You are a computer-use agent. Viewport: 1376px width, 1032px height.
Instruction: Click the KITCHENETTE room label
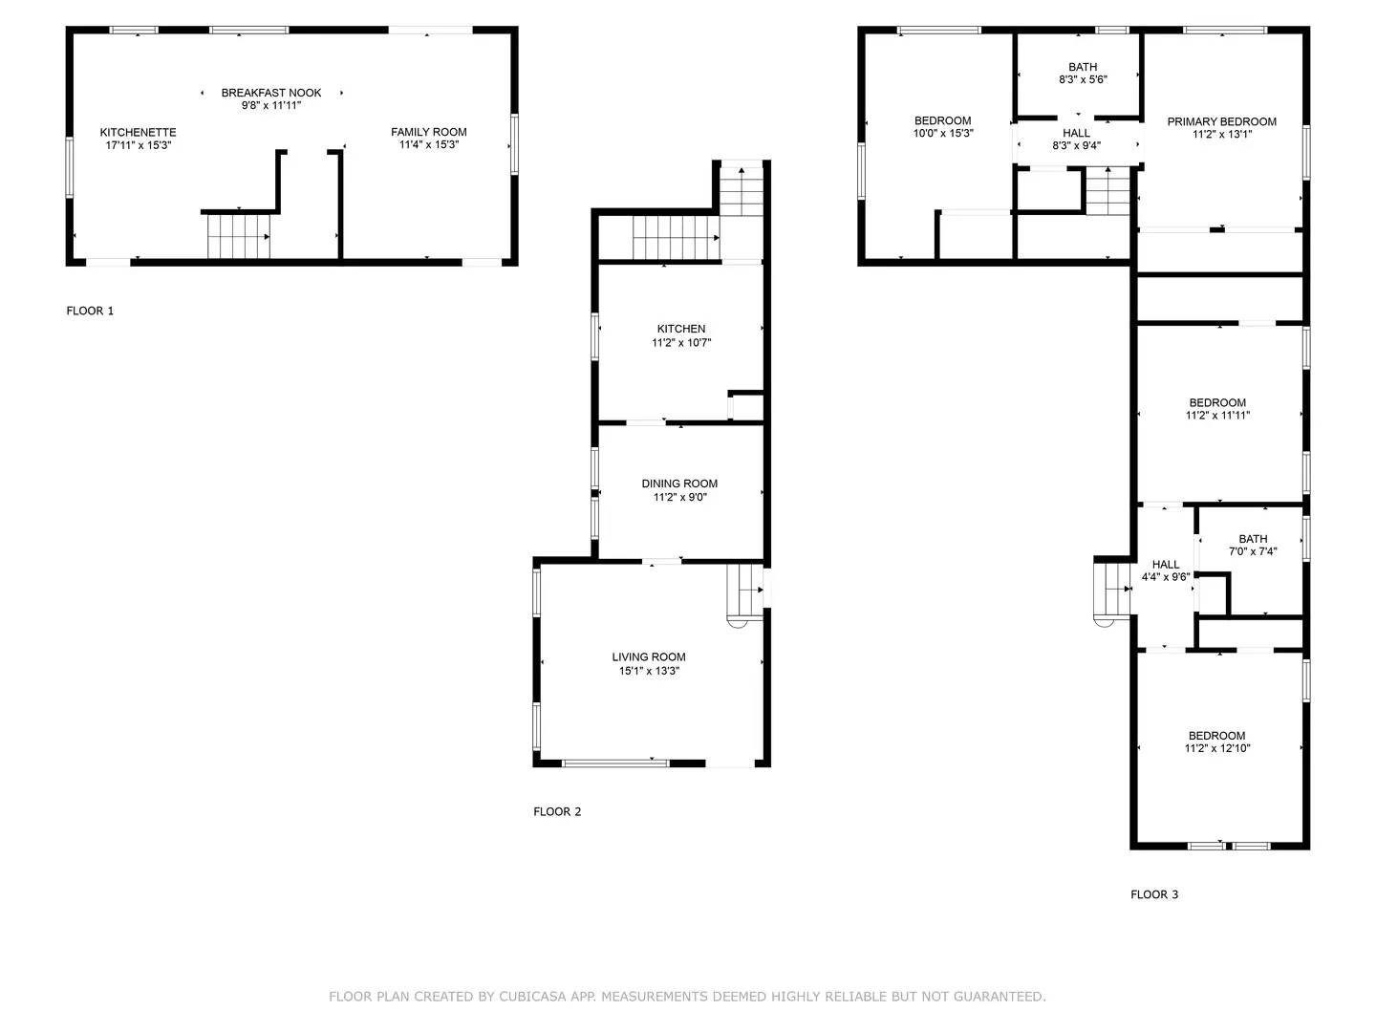click(138, 132)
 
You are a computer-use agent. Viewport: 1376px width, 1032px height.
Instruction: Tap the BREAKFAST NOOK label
click(270, 93)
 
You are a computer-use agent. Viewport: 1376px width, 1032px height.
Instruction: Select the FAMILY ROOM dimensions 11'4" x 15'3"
click(429, 144)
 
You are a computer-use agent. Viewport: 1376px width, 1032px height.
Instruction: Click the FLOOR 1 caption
click(90, 311)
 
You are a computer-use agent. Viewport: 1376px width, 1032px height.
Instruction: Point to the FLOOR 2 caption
click(557, 812)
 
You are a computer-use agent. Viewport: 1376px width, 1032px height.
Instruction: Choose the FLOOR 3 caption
click(1154, 894)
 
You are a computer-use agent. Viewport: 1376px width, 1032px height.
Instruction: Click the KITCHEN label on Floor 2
click(680, 329)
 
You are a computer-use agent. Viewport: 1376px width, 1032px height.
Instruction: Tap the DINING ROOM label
click(679, 484)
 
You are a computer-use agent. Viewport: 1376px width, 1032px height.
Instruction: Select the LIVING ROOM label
click(649, 657)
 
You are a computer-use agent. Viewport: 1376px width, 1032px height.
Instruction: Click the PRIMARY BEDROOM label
click(1222, 121)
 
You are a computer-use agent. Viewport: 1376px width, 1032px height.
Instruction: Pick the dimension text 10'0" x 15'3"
click(943, 134)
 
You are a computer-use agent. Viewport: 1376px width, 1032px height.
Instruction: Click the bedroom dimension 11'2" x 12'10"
click(1217, 748)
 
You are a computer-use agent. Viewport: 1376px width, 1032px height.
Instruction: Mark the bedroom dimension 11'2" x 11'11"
click(1217, 416)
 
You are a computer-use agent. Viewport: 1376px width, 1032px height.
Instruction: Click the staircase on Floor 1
click(239, 236)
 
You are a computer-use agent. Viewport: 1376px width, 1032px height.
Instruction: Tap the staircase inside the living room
click(744, 592)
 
